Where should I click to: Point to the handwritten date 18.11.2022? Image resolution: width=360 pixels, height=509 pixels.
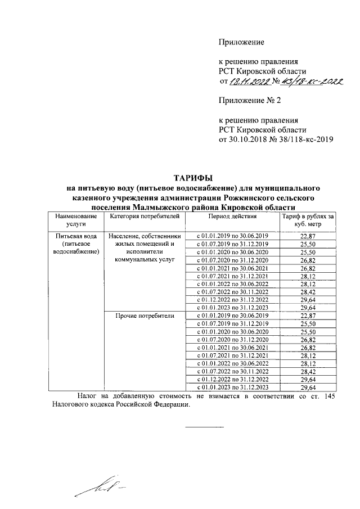248,83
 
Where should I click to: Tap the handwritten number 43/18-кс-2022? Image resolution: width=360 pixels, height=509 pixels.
307,82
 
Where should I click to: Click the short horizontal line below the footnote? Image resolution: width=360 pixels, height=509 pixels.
196,430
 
